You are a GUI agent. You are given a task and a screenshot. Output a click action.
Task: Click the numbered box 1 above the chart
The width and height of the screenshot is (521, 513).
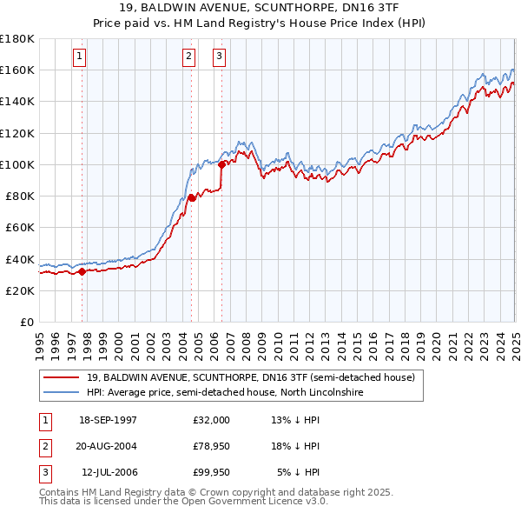pyautogui.click(x=79, y=57)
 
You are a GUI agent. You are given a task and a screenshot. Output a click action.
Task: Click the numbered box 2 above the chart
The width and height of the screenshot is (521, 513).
pyautogui.click(x=188, y=57)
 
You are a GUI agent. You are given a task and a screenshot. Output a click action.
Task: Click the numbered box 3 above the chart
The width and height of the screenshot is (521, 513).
pyautogui.click(x=219, y=57)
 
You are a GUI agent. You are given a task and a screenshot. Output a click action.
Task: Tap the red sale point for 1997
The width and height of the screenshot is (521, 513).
pyautogui.click(x=82, y=271)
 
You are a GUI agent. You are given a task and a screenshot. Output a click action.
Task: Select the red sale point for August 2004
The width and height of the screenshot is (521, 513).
pyautogui.click(x=191, y=197)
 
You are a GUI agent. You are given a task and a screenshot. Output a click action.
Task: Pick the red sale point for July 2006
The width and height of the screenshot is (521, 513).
pyautogui.click(x=221, y=163)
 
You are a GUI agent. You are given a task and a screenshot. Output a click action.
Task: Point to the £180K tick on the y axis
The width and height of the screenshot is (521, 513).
pyautogui.click(x=17, y=38)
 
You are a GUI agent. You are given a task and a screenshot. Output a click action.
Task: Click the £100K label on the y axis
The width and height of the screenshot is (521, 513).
pyautogui.click(x=17, y=164)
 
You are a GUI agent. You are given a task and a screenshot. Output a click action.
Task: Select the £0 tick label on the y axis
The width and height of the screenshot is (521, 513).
pyautogui.click(x=27, y=322)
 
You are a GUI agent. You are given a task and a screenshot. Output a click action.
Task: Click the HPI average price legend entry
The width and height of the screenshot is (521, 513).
pyautogui.click(x=225, y=393)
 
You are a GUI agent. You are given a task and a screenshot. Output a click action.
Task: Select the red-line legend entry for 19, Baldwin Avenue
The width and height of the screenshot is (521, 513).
pyautogui.click(x=251, y=377)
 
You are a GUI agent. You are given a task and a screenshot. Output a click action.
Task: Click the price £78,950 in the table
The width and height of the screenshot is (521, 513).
pyautogui.click(x=211, y=446)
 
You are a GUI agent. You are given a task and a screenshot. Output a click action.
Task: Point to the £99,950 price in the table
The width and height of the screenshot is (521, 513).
pyautogui.click(x=211, y=472)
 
